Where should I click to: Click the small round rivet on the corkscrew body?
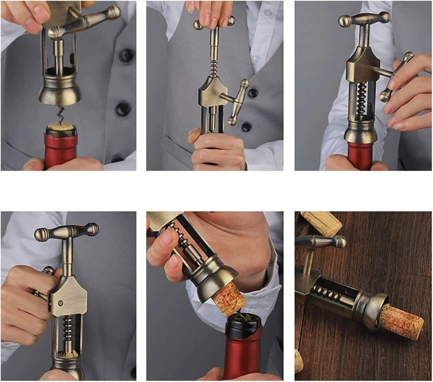coord(60,303)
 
